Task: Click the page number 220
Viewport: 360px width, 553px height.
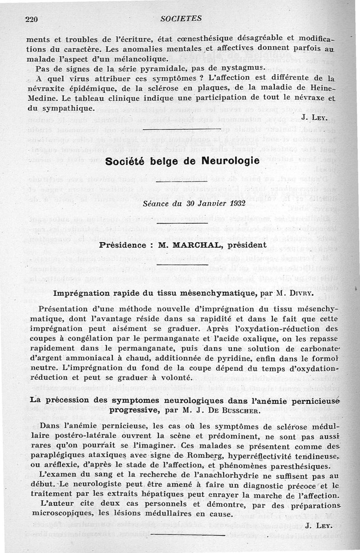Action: (31, 18)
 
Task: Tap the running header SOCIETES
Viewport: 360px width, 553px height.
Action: (180, 18)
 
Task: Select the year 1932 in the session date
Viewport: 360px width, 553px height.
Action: (235, 203)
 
